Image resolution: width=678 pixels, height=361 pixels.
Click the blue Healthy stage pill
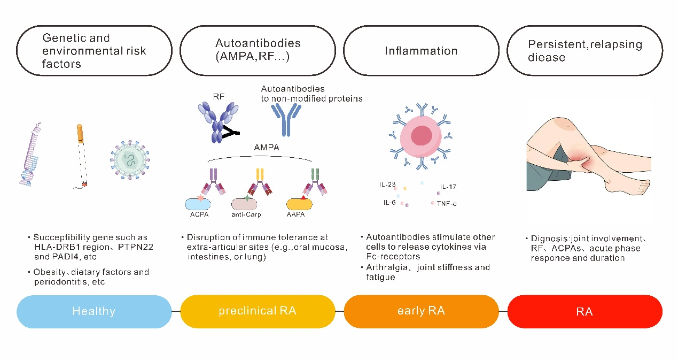[94, 311]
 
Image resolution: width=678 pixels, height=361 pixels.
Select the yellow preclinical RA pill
[258, 311]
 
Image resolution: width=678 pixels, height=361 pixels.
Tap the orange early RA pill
[421, 311]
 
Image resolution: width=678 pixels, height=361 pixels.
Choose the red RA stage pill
[585, 311]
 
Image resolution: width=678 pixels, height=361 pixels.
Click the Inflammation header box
[421, 51]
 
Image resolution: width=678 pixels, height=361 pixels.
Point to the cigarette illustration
[82, 156]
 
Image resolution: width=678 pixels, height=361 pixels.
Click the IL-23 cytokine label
[388, 185]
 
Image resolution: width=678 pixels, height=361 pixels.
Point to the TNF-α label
[447, 204]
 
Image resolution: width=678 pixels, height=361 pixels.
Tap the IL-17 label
[449, 187]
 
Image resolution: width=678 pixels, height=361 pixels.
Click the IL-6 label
[389, 203]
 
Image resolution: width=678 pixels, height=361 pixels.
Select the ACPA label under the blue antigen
[199, 214]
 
